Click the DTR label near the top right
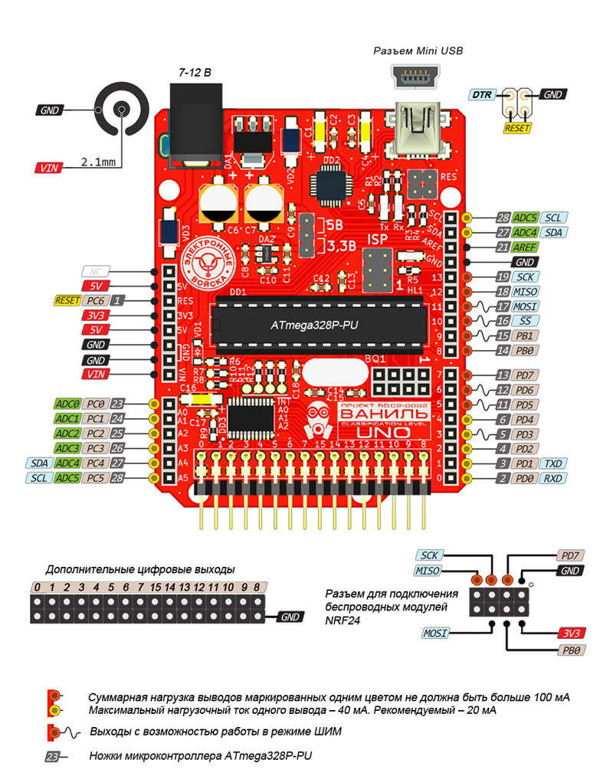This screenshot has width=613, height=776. tap(482, 95)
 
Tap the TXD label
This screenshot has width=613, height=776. tap(554, 464)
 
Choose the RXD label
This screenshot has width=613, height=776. tap(554, 479)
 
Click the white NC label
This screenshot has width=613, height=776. tap(95, 271)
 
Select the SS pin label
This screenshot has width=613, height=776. tap(525, 321)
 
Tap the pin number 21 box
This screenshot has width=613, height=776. tap(503, 247)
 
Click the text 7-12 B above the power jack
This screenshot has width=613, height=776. tap(195, 71)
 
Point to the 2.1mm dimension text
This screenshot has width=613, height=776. tap(99, 162)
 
